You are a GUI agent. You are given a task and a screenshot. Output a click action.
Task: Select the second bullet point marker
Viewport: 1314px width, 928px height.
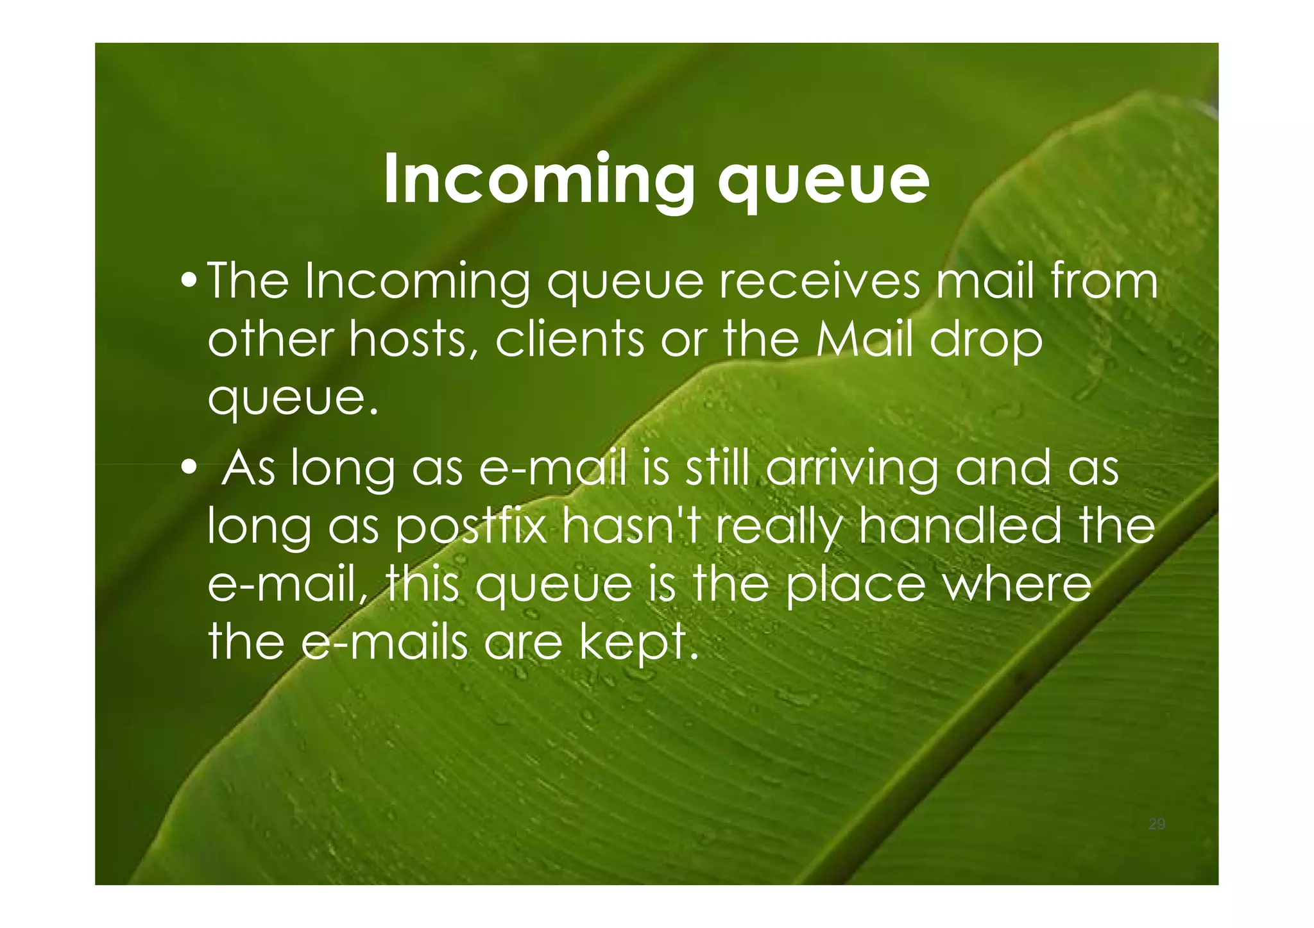click(x=189, y=468)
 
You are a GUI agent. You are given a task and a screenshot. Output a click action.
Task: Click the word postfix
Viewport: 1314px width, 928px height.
click(x=470, y=527)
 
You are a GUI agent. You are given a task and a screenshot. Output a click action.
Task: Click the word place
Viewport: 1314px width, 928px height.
click(x=855, y=586)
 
